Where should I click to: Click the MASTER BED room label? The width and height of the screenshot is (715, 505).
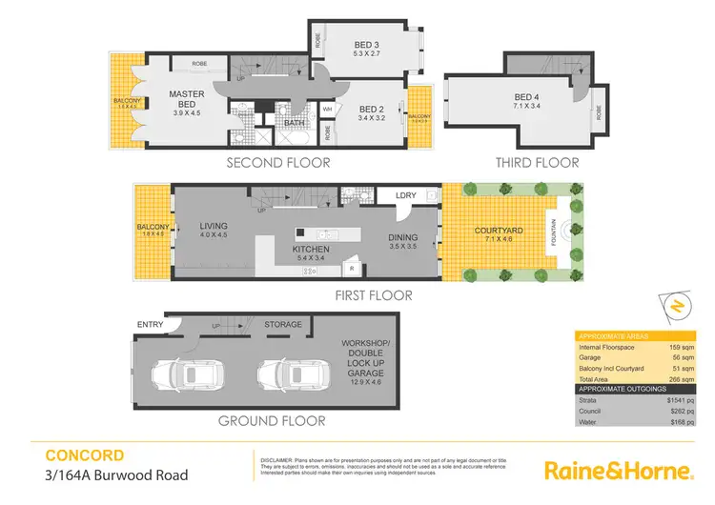(187, 100)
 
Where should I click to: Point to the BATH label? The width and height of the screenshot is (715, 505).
(294, 122)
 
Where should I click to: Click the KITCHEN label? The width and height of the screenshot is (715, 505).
(310, 250)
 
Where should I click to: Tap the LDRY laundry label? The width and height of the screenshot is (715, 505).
(406, 196)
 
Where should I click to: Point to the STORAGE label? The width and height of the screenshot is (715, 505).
(283, 325)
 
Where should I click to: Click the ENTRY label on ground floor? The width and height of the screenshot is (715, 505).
(150, 325)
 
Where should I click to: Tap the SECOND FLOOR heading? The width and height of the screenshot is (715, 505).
(277, 163)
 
